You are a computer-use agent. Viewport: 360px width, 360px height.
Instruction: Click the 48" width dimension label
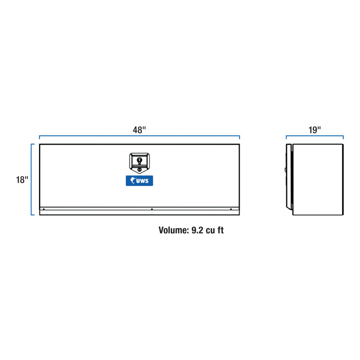(x=139, y=130)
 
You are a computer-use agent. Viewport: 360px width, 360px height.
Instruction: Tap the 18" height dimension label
(x=22, y=179)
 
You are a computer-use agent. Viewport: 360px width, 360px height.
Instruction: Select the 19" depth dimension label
(x=315, y=130)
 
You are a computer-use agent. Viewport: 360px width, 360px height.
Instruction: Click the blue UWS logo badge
(x=139, y=181)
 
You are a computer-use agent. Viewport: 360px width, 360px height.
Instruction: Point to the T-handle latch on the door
(x=139, y=162)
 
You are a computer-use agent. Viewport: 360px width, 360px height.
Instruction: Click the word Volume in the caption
(x=173, y=230)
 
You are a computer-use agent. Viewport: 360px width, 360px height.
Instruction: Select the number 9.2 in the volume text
(x=197, y=230)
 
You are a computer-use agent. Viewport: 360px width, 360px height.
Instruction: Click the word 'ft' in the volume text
(x=221, y=230)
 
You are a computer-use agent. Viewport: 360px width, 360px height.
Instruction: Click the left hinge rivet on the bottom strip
(x=44, y=209)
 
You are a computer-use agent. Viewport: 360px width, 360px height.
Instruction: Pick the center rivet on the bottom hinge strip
(x=152, y=209)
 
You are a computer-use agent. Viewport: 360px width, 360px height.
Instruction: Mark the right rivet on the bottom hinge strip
(x=231, y=209)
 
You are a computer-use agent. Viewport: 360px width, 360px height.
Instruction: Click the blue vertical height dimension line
(x=33, y=179)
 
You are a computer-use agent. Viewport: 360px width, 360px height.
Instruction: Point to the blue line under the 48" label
(x=139, y=137)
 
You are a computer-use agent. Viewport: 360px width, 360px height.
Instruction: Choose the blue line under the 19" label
(x=315, y=137)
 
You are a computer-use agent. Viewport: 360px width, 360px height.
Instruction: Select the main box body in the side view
(x=318, y=179)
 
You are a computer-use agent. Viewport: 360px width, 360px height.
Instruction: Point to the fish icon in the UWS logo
(x=132, y=181)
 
